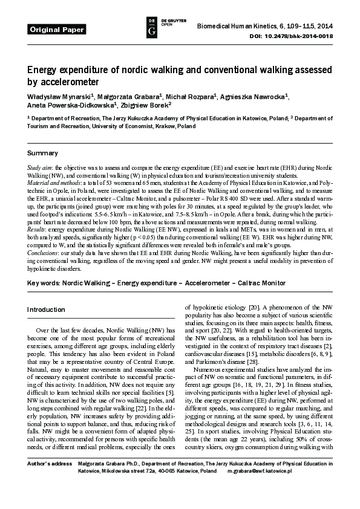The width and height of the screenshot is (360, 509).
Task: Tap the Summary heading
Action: pos(42,152)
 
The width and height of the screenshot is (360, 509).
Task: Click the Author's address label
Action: pos(45,479)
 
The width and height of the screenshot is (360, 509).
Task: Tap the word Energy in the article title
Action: pos(43,69)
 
